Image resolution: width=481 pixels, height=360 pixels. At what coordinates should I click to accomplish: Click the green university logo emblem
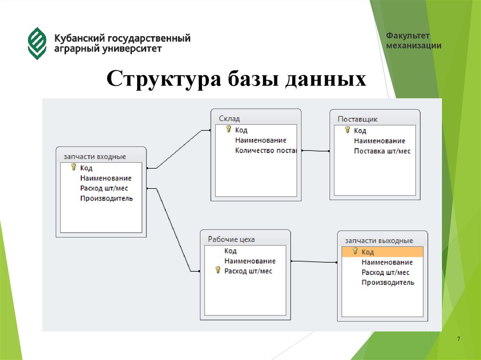tap(37, 43)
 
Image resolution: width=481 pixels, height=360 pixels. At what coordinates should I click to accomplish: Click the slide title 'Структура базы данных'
tap(236, 78)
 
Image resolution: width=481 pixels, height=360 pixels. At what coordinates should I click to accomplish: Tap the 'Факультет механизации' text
tap(414, 41)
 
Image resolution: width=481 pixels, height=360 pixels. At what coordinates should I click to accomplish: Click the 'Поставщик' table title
tap(357, 119)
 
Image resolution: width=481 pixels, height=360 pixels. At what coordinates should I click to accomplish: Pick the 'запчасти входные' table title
tap(94, 156)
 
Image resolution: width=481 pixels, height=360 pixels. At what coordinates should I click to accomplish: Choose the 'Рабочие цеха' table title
tap(231, 239)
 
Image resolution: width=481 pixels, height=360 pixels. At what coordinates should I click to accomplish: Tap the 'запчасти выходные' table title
tap(379, 240)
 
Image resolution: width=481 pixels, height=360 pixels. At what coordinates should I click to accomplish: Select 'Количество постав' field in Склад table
tap(265, 151)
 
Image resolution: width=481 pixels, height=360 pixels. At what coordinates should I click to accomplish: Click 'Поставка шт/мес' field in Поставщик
tap(382, 151)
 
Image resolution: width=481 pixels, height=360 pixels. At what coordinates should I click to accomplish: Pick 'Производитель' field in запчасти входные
tap(106, 198)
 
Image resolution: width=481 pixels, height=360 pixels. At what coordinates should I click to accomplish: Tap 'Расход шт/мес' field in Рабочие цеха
tap(248, 271)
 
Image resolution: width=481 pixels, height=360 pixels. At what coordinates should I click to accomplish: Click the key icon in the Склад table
tap(229, 129)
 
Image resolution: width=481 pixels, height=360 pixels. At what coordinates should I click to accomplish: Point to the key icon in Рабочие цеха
tap(217, 270)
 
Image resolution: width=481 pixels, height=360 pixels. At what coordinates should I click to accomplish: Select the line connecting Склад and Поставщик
tap(315, 151)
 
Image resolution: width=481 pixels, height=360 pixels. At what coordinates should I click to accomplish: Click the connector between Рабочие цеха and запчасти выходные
tap(314, 261)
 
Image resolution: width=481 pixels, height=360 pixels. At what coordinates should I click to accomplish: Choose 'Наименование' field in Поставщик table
tap(379, 141)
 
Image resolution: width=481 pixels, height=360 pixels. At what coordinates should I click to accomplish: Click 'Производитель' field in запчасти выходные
tap(388, 282)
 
